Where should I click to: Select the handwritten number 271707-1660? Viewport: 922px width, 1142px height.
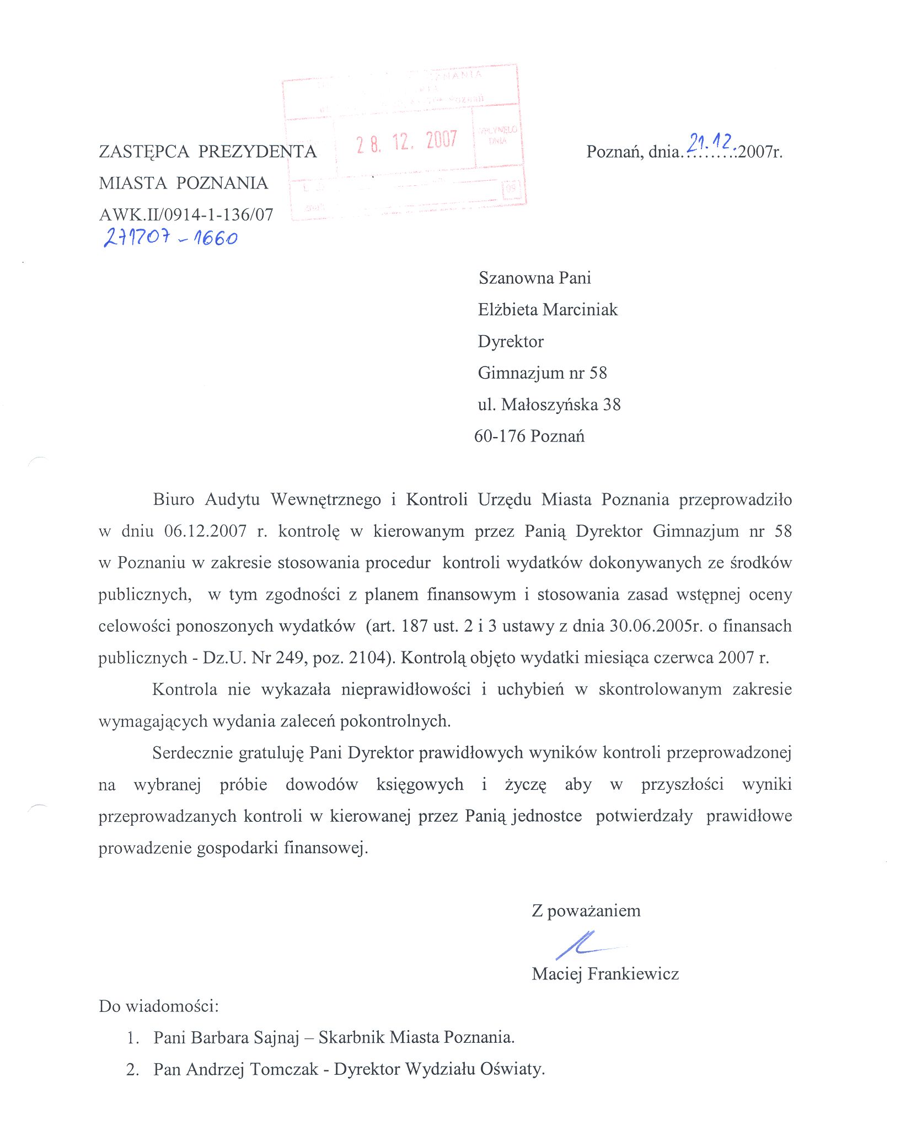coord(170,237)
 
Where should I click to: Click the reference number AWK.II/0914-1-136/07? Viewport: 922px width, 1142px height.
coord(186,214)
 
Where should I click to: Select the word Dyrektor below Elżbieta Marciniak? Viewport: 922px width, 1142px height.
coord(511,342)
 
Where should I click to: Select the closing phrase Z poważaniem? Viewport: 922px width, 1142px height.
coord(586,911)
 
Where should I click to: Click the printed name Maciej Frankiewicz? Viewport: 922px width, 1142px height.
coord(605,974)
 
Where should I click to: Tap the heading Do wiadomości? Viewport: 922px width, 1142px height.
coord(159,1006)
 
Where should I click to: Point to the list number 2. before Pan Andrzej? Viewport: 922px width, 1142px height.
coord(132,1070)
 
